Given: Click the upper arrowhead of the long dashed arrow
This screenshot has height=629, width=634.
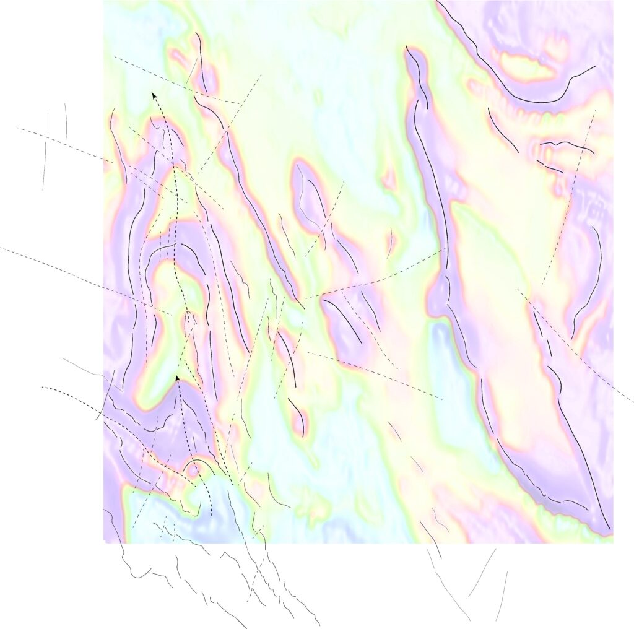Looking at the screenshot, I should pos(153,94).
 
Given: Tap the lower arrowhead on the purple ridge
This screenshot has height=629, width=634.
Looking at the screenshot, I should pos(177,378).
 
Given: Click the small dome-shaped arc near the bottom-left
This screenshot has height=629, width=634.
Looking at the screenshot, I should pos(198,466).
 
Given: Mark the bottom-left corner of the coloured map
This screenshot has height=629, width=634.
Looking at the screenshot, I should pos(103,543).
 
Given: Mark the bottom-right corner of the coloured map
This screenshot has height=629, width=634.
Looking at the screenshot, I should pos(612,543).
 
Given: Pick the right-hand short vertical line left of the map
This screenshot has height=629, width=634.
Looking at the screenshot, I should pos(65,121).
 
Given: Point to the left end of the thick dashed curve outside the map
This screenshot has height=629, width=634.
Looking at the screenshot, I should pos(42,388).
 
